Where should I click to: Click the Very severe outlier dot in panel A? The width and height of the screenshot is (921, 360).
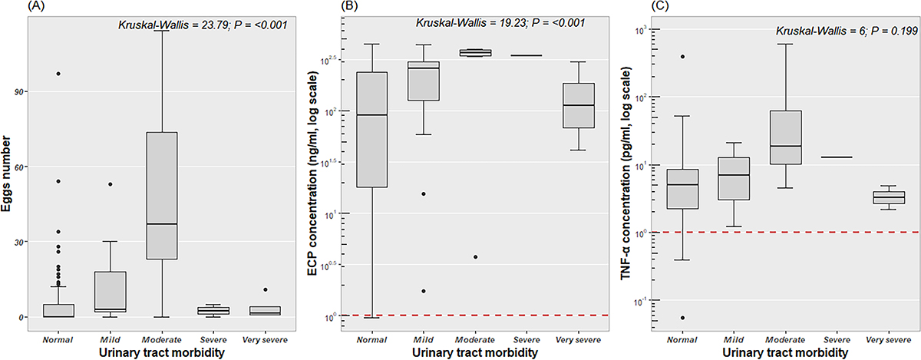coord(266,289)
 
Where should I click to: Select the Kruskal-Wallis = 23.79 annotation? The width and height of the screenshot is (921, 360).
coord(203,25)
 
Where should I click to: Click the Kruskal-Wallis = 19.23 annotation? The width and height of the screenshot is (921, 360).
coord(500,23)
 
